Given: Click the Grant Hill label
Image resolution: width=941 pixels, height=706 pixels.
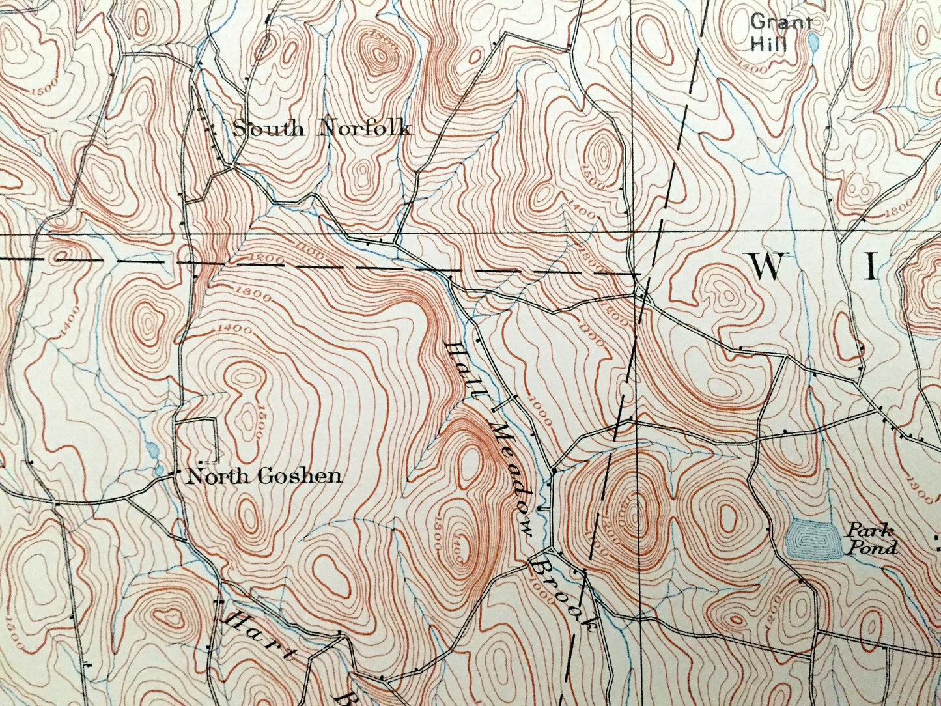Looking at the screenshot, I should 781,33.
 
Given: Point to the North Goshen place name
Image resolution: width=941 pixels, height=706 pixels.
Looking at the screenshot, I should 263,476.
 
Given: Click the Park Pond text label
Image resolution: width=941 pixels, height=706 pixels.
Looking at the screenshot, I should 871,539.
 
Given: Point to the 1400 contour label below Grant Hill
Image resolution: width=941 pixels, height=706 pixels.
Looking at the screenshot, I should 753,68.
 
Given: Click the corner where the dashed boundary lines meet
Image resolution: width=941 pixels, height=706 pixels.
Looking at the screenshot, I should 636,274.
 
